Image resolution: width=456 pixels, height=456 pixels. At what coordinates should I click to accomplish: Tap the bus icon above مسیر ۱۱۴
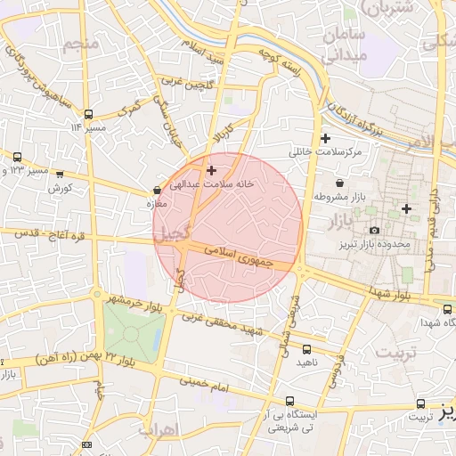87,114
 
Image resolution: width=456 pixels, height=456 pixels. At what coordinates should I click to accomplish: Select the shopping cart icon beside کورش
60,174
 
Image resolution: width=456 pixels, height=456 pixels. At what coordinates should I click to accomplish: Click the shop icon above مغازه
158,190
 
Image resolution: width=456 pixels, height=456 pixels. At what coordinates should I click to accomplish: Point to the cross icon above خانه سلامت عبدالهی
211,169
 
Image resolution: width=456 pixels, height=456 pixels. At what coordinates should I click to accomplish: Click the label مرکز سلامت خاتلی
325,152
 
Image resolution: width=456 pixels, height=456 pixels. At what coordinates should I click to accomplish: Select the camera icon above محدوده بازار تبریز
374,231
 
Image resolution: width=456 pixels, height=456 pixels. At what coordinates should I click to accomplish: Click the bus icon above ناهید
308,349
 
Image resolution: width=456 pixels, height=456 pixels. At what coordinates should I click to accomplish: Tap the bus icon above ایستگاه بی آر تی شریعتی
289,402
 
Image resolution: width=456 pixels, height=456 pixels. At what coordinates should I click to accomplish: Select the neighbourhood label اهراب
159,429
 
